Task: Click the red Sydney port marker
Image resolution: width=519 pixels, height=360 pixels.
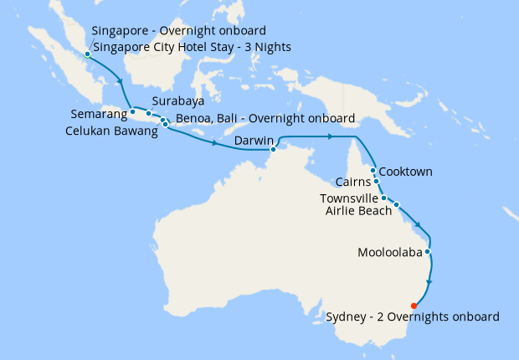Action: pyautogui.click(x=415, y=305)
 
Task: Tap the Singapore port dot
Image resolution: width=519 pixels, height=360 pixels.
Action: pyautogui.click(x=87, y=55)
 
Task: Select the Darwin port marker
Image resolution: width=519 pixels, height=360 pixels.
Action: pyautogui.click(x=273, y=150)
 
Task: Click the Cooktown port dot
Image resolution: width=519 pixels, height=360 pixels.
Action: pyautogui.click(x=372, y=170)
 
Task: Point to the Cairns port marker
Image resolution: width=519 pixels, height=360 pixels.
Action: pyautogui.click(x=377, y=181)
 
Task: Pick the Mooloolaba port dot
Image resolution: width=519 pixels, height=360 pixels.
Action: pyautogui.click(x=428, y=251)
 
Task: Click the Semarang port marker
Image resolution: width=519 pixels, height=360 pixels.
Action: pyautogui.click(x=132, y=111)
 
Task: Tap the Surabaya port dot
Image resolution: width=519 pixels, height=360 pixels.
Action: pyautogui.click(x=149, y=112)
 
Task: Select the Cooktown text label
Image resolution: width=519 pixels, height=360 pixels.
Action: pyautogui.click(x=406, y=172)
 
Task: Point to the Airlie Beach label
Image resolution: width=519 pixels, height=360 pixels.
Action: pyautogui.click(x=357, y=210)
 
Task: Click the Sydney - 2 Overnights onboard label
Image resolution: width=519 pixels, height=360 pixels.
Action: pyautogui.click(x=413, y=316)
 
